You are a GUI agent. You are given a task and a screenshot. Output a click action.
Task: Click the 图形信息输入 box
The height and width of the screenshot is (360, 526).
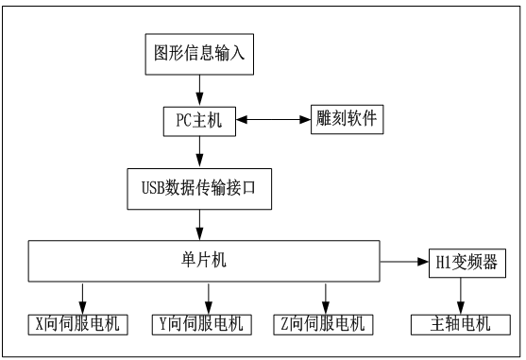point(199,54)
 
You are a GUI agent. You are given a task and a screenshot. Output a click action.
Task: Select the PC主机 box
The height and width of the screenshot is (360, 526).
point(199,121)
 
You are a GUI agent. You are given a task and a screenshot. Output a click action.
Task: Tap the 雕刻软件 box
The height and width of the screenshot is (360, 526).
point(347,121)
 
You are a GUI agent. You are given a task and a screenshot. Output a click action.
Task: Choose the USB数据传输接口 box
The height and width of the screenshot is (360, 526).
point(199,189)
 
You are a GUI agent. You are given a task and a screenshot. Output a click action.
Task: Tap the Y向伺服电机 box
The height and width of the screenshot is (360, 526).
point(199,324)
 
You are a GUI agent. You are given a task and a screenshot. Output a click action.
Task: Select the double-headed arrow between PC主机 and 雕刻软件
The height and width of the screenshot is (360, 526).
point(274,121)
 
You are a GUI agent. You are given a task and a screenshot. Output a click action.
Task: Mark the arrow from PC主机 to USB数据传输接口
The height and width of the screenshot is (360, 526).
point(199,151)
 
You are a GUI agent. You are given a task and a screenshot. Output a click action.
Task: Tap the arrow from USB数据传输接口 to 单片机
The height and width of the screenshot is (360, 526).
point(199,225)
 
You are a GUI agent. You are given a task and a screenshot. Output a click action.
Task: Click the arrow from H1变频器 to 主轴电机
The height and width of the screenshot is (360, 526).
point(460,296)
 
